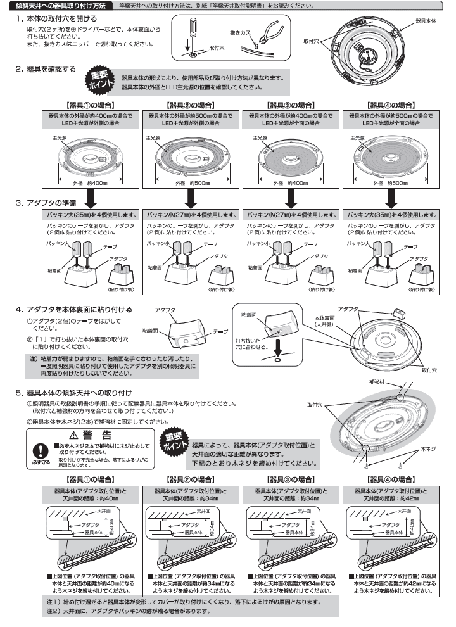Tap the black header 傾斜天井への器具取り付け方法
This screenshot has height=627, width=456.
tap(56, 5)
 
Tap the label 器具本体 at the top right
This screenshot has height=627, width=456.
tap(424, 21)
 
